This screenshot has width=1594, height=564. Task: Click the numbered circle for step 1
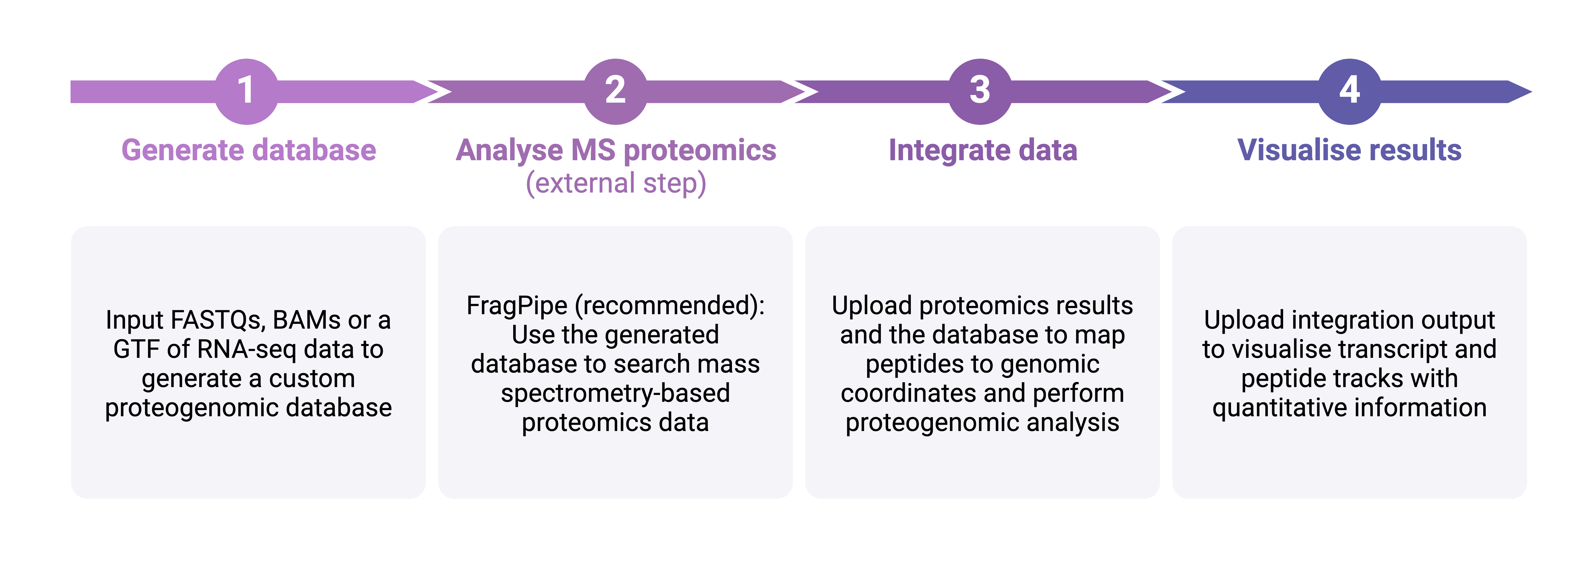246,91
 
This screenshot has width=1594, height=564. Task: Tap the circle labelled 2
615,91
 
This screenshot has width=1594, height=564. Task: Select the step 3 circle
980,91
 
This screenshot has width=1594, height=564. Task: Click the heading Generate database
249,151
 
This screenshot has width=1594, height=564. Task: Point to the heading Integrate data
983,151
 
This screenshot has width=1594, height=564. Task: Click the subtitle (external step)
616,183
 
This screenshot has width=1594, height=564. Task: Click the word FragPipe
517,306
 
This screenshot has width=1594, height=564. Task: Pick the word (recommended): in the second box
670,306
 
